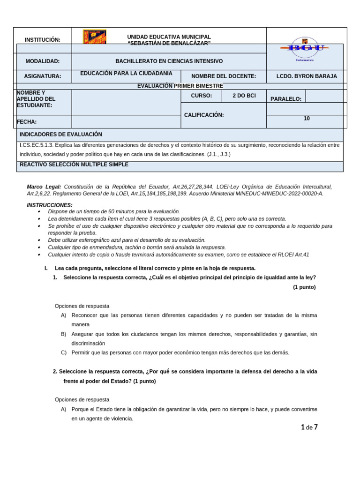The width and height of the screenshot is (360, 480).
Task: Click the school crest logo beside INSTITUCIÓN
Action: point(95,37)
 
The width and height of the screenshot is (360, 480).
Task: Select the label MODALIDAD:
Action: point(43,61)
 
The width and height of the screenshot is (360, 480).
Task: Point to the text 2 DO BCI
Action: point(244,96)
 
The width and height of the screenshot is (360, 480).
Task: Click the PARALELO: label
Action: point(286,99)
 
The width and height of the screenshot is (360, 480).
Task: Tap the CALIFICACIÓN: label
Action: point(204,115)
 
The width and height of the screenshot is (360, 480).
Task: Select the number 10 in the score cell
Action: point(307,119)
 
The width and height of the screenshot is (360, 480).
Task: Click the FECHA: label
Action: point(27,122)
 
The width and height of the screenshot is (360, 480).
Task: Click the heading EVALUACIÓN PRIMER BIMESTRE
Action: point(180,86)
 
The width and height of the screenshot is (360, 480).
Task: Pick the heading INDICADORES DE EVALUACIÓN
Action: point(61,134)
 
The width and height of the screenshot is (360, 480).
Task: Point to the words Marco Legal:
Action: point(44,187)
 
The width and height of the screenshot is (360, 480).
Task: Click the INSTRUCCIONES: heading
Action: point(50,205)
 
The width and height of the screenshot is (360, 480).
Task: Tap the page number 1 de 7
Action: point(309,427)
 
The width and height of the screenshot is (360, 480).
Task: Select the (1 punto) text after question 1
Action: point(304,287)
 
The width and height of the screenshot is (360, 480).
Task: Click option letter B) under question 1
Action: point(63,334)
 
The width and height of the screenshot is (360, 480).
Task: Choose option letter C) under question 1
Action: point(63,352)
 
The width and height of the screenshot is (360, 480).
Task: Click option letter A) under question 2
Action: point(63,409)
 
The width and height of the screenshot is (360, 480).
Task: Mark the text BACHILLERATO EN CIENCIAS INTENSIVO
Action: point(169,61)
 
